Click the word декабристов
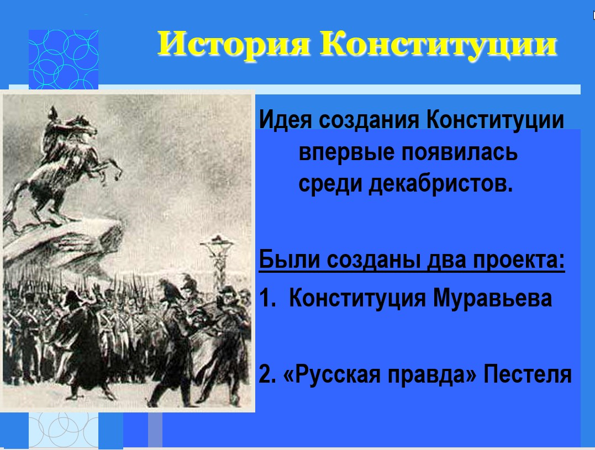click(x=441, y=184)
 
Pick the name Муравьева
click(x=492, y=298)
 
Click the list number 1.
click(x=267, y=298)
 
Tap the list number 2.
click(x=267, y=374)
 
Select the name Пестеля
click(x=528, y=374)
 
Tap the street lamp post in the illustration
click(x=218, y=262)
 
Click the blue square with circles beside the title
click(x=64, y=60)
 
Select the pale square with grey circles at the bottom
click(x=64, y=430)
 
